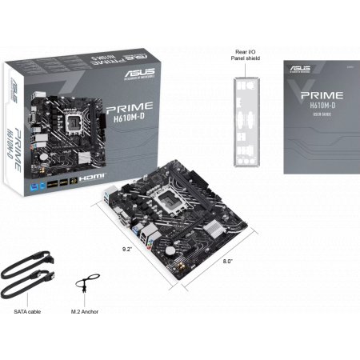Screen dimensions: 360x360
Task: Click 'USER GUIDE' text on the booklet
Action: pos(318,114)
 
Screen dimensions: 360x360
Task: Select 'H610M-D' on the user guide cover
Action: pos(318,104)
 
